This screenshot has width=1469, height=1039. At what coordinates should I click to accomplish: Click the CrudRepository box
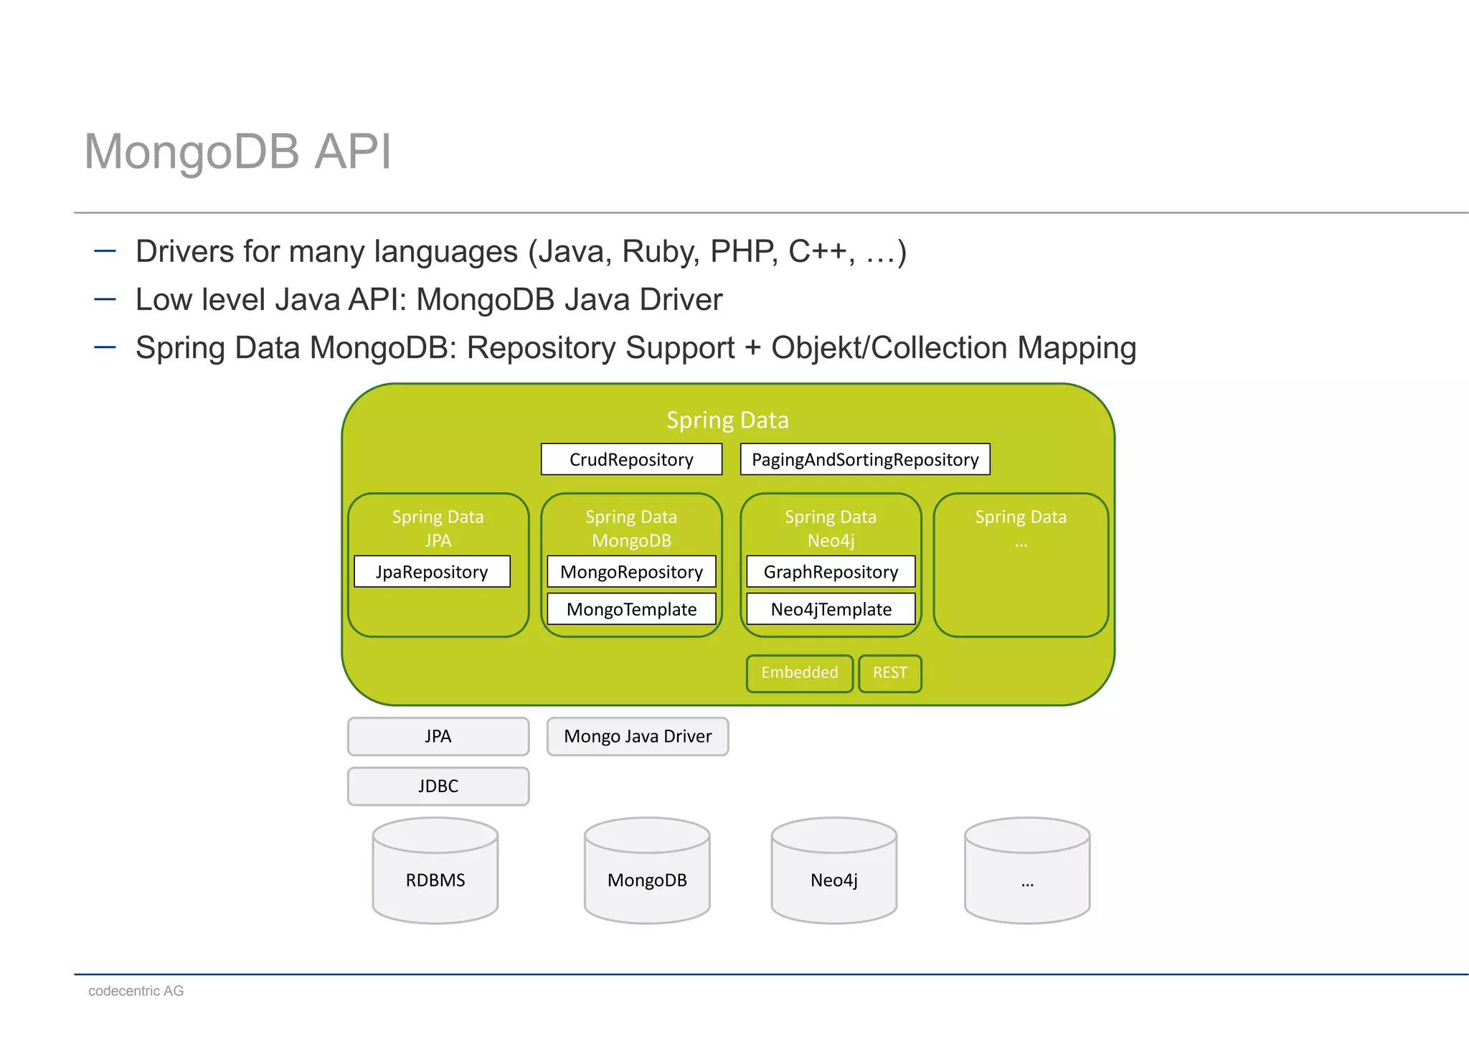(631, 459)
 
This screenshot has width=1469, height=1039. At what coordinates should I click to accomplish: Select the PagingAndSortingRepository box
(865, 459)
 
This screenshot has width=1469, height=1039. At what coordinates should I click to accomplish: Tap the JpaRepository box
(432, 571)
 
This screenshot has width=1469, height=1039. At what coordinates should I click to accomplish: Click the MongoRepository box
(631, 571)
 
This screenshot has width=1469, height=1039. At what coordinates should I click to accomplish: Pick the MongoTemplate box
(631, 608)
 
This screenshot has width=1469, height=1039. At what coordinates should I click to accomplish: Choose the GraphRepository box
(831, 571)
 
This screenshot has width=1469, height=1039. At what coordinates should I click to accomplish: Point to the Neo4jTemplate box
(831, 608)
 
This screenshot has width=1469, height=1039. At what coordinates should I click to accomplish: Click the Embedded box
(800, 673)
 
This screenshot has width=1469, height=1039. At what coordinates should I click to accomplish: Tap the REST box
(890, 673)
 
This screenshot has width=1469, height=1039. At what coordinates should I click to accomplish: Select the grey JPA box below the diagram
(438, 736)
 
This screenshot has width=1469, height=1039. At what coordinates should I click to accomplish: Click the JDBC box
(438, 786)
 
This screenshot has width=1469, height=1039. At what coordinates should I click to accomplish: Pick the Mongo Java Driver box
(638, 736)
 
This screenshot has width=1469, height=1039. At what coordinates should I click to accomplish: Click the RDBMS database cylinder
(435, 870)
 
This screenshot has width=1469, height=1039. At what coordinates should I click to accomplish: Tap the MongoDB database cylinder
(647, 870)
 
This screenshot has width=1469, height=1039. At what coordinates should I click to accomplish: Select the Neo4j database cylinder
(834, 870)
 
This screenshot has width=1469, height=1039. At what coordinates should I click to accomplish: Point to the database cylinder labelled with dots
(1027, 870)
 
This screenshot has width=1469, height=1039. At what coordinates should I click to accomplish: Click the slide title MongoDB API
(238, 151)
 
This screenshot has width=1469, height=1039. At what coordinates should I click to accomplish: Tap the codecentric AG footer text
(136, 991)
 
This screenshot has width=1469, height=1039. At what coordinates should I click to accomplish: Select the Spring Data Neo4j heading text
(831, 528)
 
